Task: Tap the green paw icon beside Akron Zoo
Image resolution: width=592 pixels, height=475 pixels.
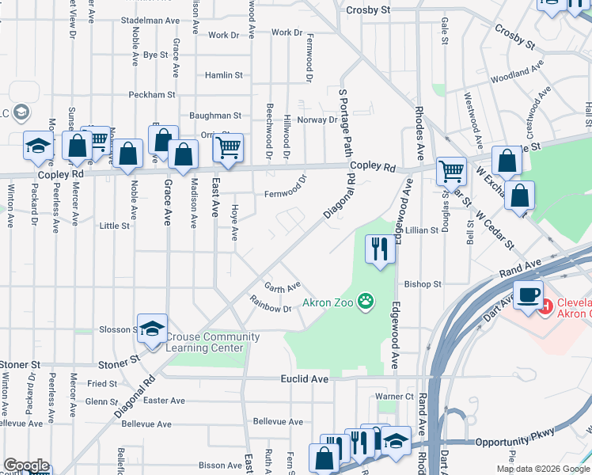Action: [365, 301]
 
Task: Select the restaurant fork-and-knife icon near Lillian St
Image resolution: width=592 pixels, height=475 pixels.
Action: [380, 249]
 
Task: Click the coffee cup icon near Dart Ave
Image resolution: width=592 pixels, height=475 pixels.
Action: [528, 295]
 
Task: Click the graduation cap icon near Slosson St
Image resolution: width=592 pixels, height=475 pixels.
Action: [153, 329]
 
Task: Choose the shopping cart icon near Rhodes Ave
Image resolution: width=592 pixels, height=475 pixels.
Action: [451, 169]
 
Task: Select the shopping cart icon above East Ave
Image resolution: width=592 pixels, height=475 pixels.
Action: [228, 147]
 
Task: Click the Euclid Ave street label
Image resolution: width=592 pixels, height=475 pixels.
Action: [305, 379]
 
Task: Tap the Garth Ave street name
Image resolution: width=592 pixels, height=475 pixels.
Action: [283, 287]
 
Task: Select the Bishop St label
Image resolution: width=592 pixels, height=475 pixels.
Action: [422, 283]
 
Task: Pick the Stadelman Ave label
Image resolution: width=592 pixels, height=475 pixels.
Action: [153, 20]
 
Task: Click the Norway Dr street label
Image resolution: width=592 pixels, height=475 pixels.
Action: [317, 120]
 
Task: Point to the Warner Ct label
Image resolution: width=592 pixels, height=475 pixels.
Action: [394, 396]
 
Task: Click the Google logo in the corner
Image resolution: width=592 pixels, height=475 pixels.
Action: [25, 465]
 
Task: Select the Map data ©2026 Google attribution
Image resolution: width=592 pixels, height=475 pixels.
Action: [542, 469]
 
